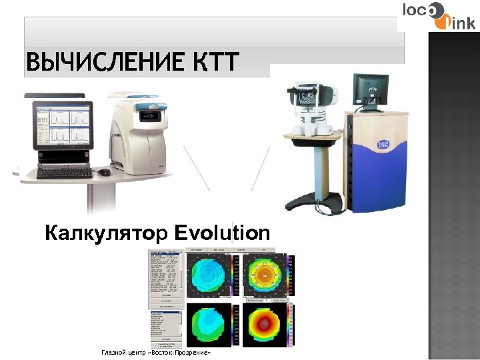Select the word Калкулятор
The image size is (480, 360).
106,234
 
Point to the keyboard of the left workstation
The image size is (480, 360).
64,172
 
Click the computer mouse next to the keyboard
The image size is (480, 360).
105,172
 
